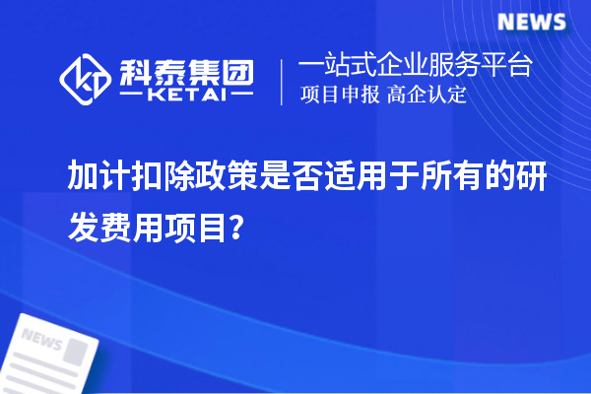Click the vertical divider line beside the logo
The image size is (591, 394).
[x=283, y=81]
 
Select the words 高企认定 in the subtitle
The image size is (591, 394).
[x=427, y=96]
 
